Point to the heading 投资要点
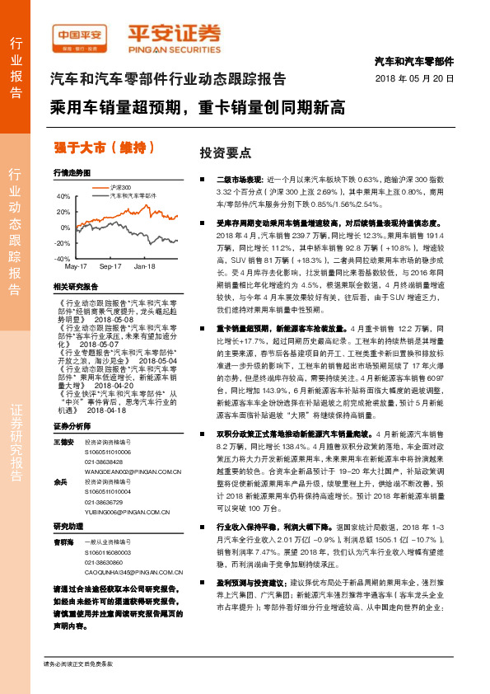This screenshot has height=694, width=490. pos(219,153)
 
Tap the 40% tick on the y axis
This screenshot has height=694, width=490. pos(63,197)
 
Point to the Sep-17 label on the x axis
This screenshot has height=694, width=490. pos(110,267)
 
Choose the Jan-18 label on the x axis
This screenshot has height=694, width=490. pos(145,267)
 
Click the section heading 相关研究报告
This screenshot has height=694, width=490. pos(75,286)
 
